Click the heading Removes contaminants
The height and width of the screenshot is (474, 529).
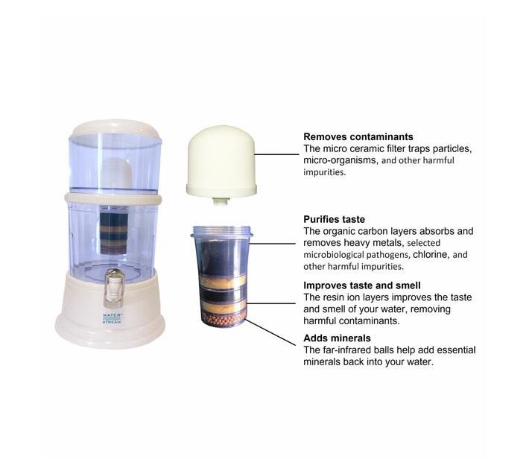click(x=358, y=137)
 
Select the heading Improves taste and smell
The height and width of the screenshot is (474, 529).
click(x=361, y=285)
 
